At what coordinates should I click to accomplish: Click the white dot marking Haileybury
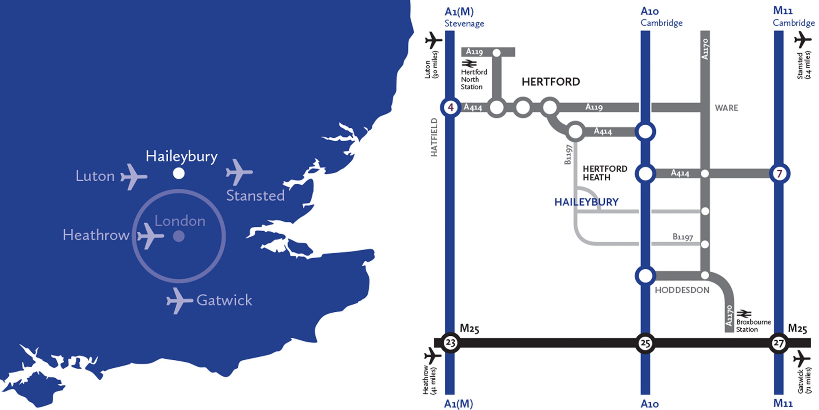(179, 173)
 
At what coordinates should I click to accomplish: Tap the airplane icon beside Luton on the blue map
(133, 176)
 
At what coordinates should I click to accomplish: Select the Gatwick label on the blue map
(224, 300)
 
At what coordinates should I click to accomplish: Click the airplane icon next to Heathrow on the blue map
(150, 236)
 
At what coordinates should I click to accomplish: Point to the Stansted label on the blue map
(255, 196)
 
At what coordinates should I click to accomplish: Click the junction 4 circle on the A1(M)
(450, 107)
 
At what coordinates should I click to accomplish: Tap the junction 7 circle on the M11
(779, 174)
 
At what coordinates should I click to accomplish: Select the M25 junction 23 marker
(450, 343)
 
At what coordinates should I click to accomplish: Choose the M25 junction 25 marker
(645, 343)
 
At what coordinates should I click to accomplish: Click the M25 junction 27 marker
(778, 343)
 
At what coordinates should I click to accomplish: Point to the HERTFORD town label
(551, 82)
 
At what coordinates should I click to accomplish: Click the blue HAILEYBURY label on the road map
(586, 202)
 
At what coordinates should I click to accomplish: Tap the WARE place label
(727, 108)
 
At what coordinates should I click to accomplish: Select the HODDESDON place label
(682, 290)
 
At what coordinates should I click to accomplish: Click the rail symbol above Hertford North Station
(469, 63)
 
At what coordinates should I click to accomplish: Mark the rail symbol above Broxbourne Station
(744, 313)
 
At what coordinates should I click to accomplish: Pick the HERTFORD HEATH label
(605, 173)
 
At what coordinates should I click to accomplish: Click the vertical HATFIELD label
(434, 137)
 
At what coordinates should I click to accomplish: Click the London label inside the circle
(180, 221)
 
